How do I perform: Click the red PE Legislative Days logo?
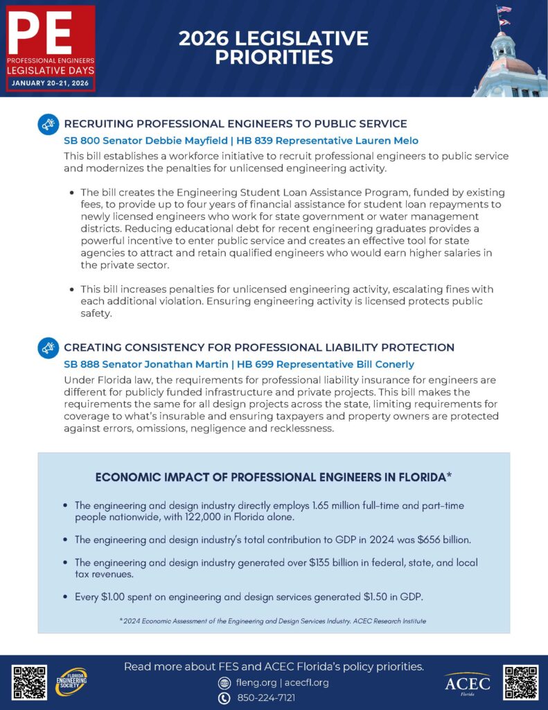click(x=50, y=49)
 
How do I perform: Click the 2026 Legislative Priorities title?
click(x=274, y=48)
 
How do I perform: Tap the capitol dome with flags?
click(x=511, y=59)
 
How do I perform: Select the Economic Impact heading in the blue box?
click(x=274, y=478)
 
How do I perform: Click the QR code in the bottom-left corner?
click(x=30, y=682)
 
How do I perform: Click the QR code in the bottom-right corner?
click(x=520, y=682)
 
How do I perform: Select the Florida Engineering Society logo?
click(x=71, y=682)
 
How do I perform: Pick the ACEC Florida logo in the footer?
click(x=467, y=684)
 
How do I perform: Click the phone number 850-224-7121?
click(x=266, y=698)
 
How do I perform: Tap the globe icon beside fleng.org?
click(x=224, y=682)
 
